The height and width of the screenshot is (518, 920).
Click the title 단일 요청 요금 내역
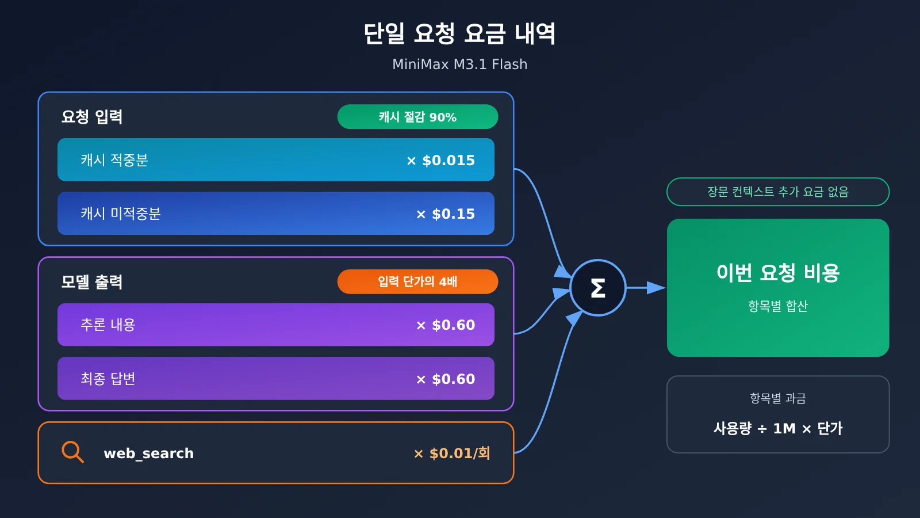pos(459,34)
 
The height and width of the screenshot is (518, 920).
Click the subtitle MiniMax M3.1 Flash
pos(459,64)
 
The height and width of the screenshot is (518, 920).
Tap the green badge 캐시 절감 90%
pos(417,117)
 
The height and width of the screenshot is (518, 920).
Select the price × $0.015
pos(440,161)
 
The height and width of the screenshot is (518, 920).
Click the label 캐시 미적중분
pos(120,214)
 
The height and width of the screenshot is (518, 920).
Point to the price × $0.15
pos(446,214)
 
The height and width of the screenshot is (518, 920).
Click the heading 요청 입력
pos(92,117)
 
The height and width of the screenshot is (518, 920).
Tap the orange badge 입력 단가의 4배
pos(417,281)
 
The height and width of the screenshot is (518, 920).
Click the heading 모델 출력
pos(92,282)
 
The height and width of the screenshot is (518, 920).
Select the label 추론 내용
pos(108,325)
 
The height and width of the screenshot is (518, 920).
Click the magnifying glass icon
pos(72,452)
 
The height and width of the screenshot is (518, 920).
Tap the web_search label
pos(149,454)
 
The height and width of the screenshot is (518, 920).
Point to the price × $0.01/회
pos(452,454)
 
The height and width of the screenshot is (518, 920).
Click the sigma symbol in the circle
pos(598,288)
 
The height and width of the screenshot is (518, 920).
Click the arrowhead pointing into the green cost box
pos(656,288)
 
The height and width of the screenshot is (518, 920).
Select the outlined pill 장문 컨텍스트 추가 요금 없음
pos(778,192)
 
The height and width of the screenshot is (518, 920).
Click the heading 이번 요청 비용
pos(778,273)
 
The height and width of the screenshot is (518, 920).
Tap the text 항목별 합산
pos(778,306)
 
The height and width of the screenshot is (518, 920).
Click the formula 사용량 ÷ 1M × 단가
pos(778,428)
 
